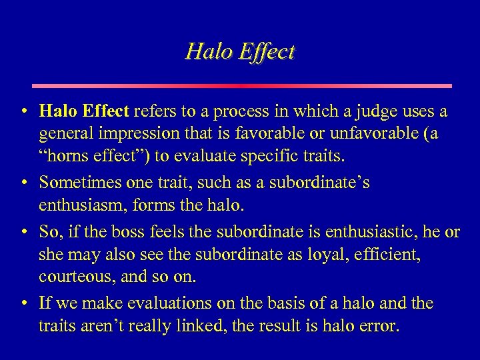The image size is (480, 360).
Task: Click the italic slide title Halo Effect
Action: (x=240, y=51)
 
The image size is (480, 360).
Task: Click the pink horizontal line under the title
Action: (x=241, y=86)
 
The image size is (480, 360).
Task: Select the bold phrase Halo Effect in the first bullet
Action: (x=85, y=110)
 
